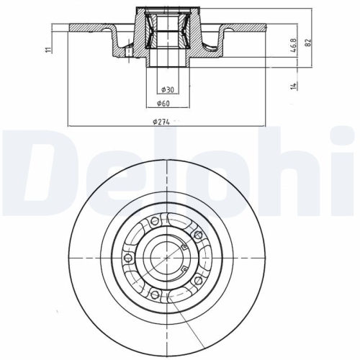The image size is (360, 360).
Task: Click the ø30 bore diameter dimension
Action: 166,90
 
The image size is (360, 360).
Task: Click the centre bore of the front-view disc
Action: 166,257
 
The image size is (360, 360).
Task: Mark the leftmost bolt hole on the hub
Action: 128,257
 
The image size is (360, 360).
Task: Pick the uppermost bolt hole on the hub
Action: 154,221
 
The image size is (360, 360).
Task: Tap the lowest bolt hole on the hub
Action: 154,294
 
